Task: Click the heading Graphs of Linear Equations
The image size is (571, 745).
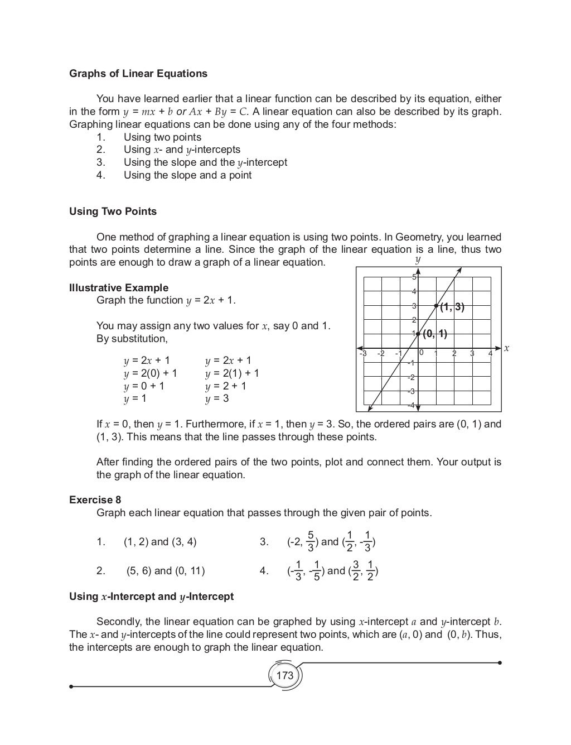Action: [x=138, y=74]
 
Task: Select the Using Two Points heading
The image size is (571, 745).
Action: [x=113, y=212]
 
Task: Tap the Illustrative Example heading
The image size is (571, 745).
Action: [x=118, y=288]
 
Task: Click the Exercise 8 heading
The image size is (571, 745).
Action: [x=95, y=500]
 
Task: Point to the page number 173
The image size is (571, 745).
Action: [x=284, y=675]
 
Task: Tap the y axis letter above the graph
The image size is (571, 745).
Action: [x=418, y=260]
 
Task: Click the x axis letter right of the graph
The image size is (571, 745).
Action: [x=506, y=348]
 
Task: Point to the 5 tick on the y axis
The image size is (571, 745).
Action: [x=414, y=277]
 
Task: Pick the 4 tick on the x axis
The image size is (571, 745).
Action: [x=490, y=353]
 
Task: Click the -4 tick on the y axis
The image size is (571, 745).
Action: [x=411, y=405]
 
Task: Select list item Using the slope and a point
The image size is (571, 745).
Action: [x=187, y=175]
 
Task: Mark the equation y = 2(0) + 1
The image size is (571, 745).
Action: [x=150, y=373]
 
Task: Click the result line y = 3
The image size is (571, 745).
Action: [x=217, y=398]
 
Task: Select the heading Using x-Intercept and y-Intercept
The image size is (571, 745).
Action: [x=151, y=597]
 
